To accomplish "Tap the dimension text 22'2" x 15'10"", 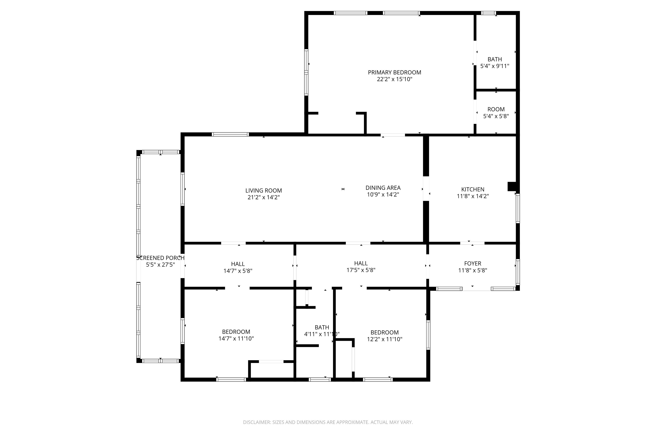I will [x=394, y=79].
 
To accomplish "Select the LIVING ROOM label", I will [x=264, y=191].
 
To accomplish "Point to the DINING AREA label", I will [x=383, y=188].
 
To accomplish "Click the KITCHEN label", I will [x=473, y=189].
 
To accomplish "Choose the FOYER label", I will [x=473, y=263].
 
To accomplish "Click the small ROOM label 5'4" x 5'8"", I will [x=496, y=109].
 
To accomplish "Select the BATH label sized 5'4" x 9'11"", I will [x=495, y=59].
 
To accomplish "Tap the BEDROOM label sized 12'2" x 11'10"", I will [x=384, y=332].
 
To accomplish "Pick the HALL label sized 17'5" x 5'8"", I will [x=361, y=263].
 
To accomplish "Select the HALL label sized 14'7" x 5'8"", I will [x=238, y=264].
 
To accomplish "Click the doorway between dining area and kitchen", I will [x=426, y=189].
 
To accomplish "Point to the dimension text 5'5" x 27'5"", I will [x=160, y=265].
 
